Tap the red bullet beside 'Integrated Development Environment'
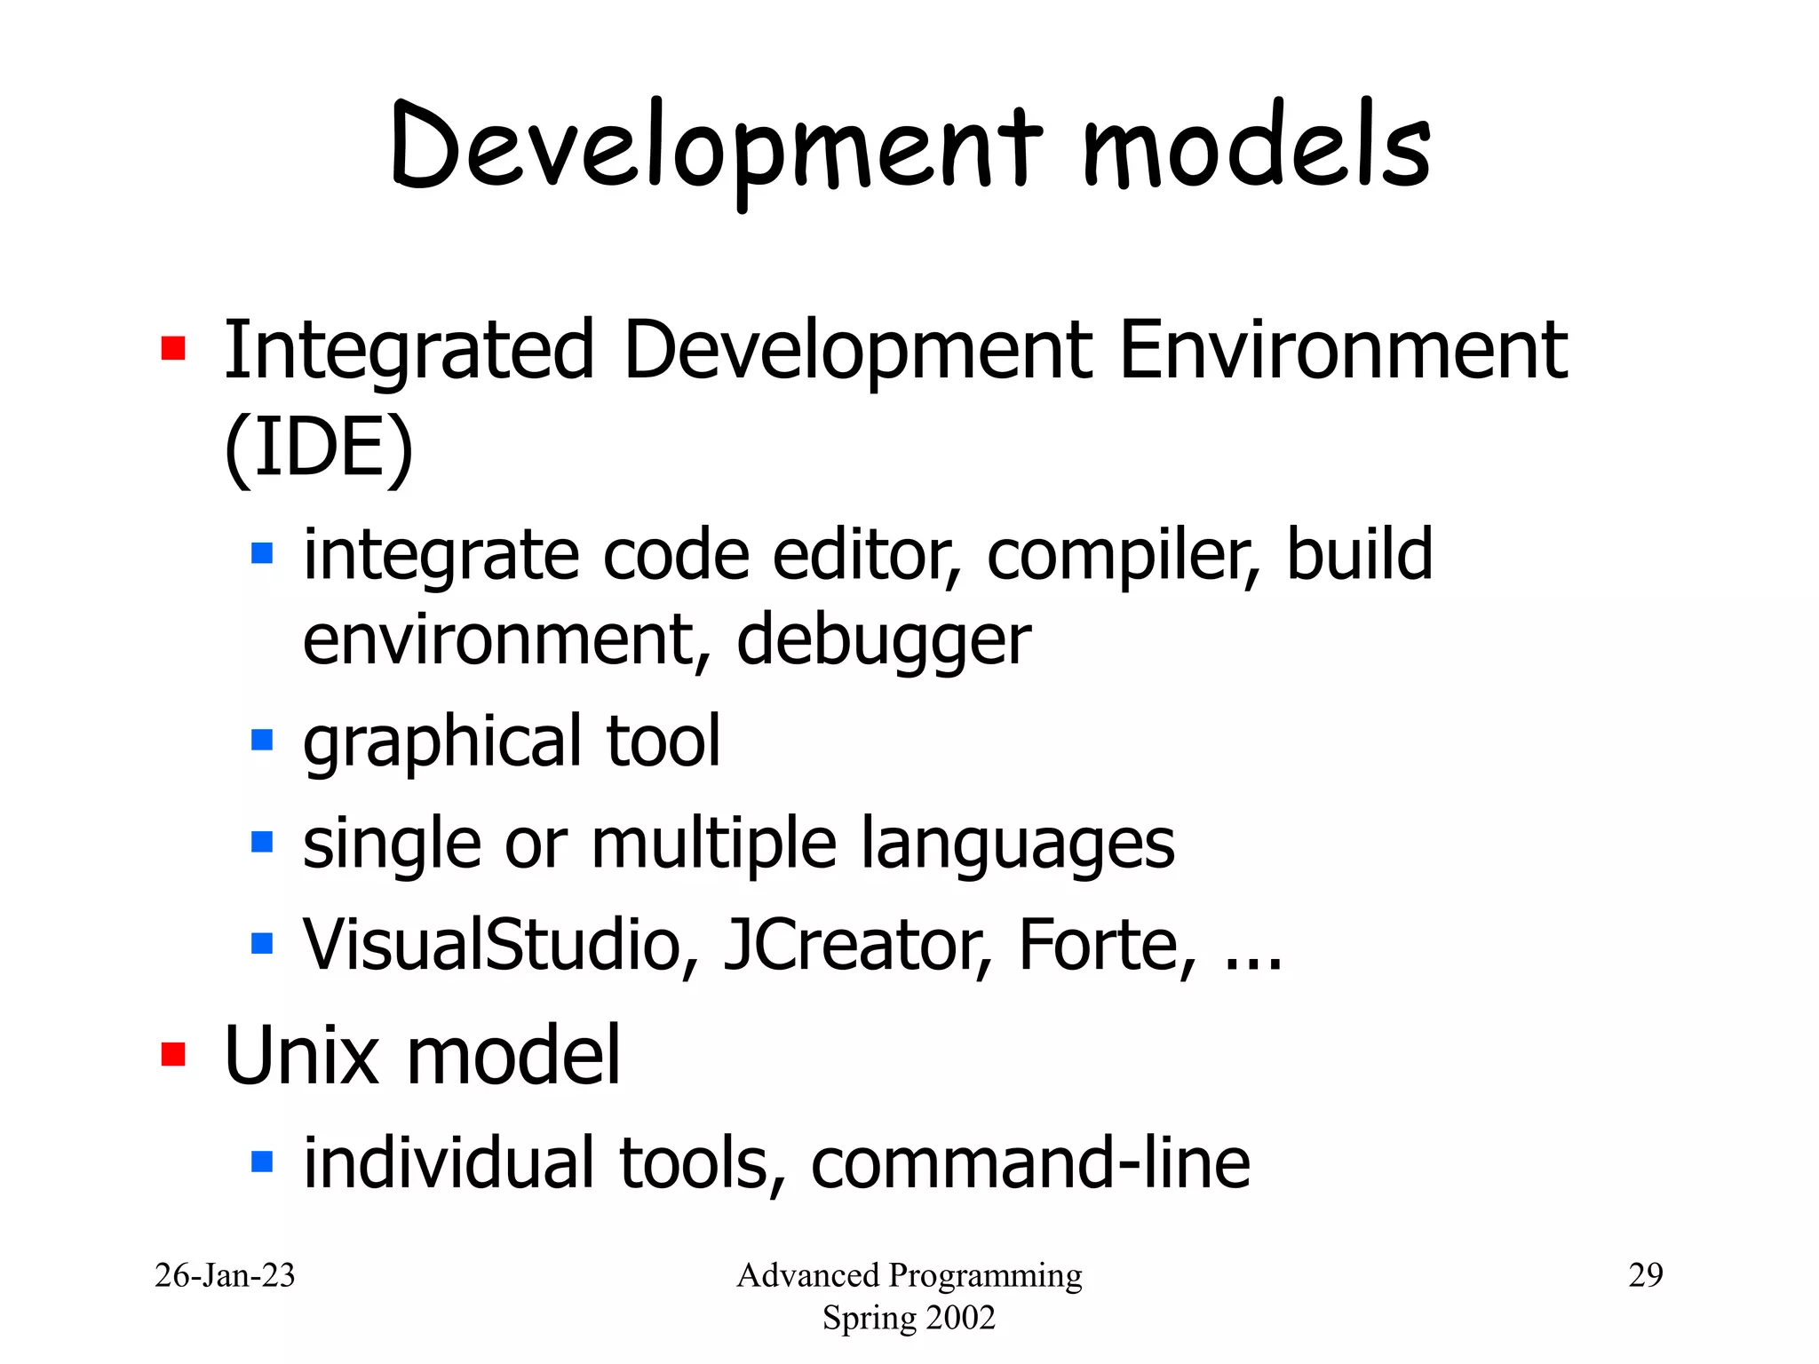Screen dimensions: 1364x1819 tap(173, 348)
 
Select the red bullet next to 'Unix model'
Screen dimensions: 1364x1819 tap(173, 1054)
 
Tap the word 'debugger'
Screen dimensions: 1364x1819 tap(883, 640)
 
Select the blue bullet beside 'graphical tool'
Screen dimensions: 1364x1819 tap(262, 739)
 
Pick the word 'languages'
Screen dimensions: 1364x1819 tap(1018, 844)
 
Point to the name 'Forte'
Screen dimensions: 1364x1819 tap(1098, 945)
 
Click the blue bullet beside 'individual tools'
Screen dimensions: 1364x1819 tap(262, 1161)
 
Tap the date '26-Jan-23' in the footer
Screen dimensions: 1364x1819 tap(225, 1275)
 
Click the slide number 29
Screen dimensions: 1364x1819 tap(1645, 1275)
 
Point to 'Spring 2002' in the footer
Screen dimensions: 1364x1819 tap(909, 1318)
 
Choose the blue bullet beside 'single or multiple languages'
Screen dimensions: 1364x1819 tap(262, 841)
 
